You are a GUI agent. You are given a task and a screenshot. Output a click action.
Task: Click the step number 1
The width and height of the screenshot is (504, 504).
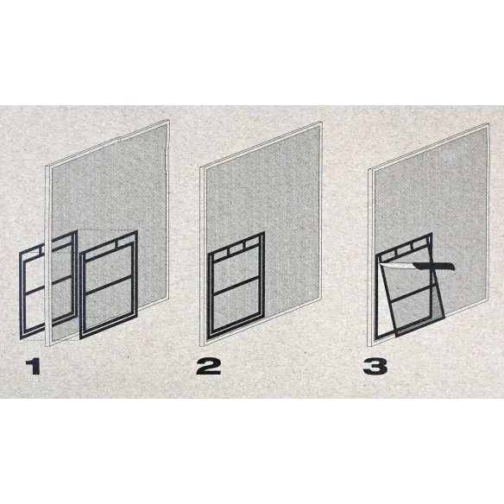point(33,367)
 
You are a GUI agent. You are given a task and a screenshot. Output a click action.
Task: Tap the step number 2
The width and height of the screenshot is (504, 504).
point(208,367)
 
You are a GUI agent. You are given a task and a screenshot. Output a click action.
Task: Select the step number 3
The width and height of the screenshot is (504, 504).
point(375,367)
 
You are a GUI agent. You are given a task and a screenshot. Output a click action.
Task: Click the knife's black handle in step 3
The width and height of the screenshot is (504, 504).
point(434,266)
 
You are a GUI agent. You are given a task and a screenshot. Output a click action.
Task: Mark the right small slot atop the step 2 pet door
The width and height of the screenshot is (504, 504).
point(253,243)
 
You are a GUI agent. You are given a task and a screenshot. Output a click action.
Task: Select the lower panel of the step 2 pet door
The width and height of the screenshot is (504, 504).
point(236,306)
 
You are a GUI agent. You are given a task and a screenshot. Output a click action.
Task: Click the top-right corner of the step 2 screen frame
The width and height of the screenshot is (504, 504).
point(321,123)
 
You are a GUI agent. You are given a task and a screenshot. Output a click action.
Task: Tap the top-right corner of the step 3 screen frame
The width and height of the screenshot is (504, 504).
point(488,124)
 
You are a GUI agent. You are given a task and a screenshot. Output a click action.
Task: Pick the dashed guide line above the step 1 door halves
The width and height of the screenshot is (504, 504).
point(108,230)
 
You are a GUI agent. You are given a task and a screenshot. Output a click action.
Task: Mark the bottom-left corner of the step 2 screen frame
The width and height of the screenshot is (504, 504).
point(201,345)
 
